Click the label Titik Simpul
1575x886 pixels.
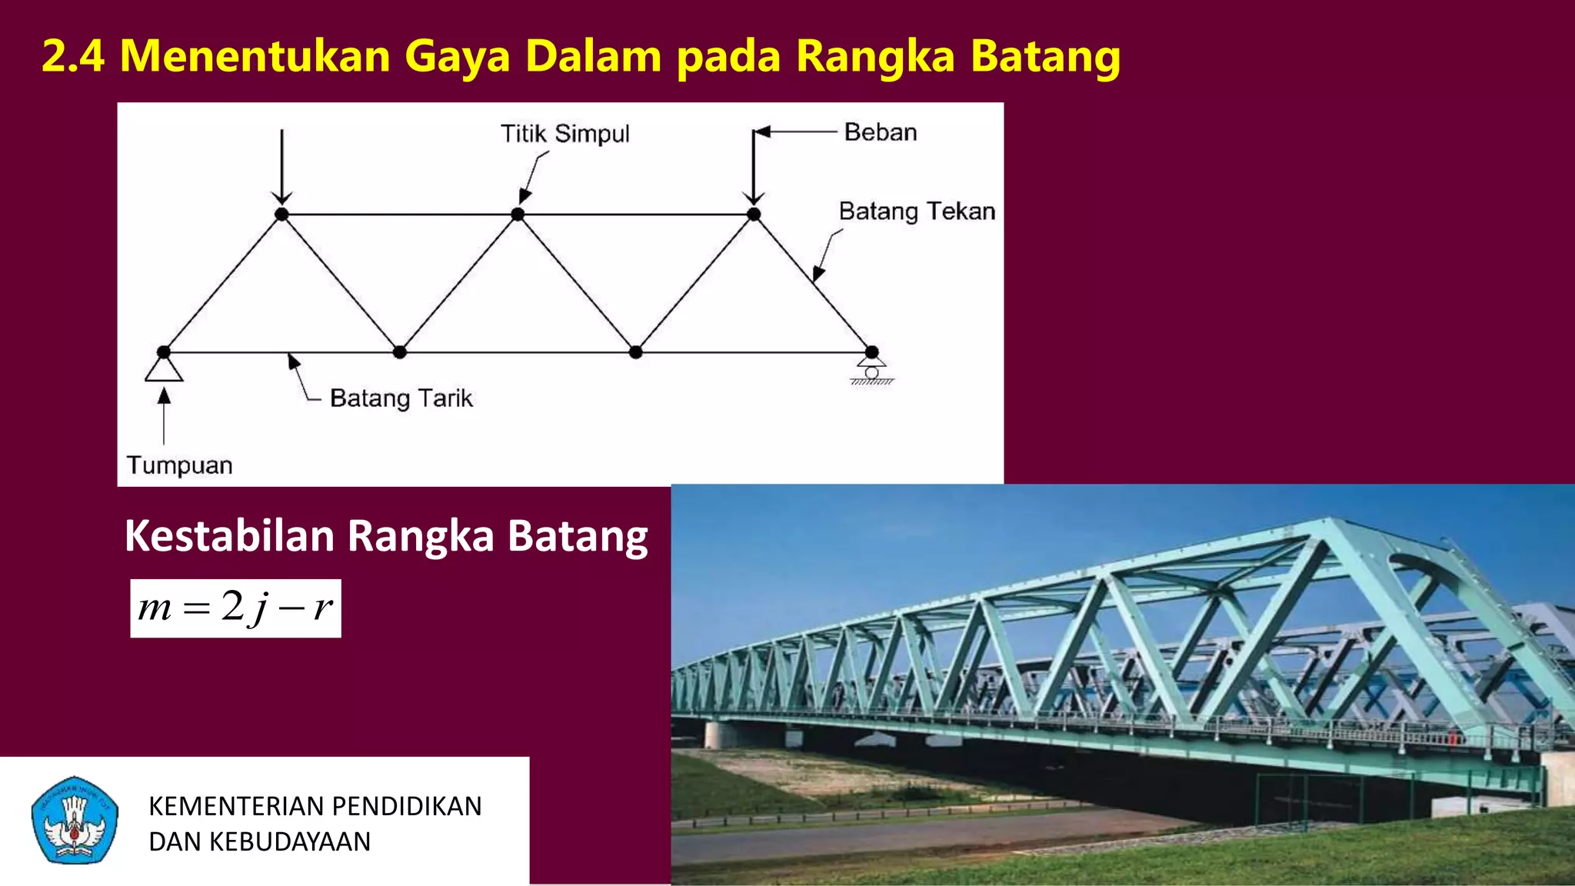[x=564, y=134]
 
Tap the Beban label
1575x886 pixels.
[x=880, y=132]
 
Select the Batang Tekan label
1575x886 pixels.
[x=917, y=211]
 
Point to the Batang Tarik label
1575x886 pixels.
[x=401, y=398]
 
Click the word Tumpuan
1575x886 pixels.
[x=179, y=465]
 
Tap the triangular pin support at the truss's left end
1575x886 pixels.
[x=164, y=368]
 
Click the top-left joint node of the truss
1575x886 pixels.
[x=281, y=215]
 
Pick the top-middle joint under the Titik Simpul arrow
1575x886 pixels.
[x=518, y=215]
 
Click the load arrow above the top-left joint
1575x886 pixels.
[x=281, y=165]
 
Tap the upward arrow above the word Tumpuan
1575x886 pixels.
[x=164, y=415]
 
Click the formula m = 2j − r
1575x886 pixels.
[x=235, y=608]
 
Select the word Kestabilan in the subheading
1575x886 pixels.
[x=229, y=535]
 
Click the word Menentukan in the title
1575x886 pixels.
[x=255, y=56]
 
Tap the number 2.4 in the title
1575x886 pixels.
[x=72, y=56]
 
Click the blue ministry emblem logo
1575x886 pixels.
[x=75, y=820]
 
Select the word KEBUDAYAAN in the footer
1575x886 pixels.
[x=290, y=841]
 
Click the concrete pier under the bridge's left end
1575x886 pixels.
[x=720, y=734]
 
